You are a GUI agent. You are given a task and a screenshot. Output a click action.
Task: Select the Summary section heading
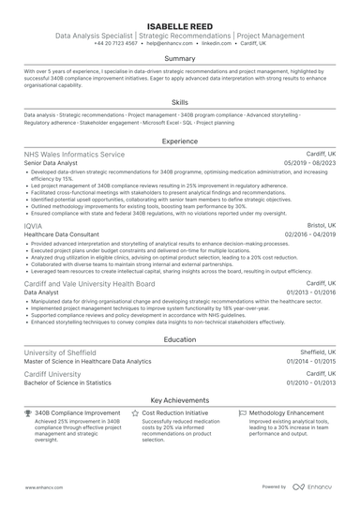(180, 58)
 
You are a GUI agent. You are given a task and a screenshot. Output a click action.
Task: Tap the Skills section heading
(180, 102)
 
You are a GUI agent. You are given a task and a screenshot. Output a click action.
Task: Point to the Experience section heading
(180, 141)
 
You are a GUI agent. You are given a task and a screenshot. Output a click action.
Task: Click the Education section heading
(180, 339)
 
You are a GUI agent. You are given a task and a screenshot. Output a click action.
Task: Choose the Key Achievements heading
(180, 399)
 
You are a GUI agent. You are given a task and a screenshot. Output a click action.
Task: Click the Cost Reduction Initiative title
(174, 412)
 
